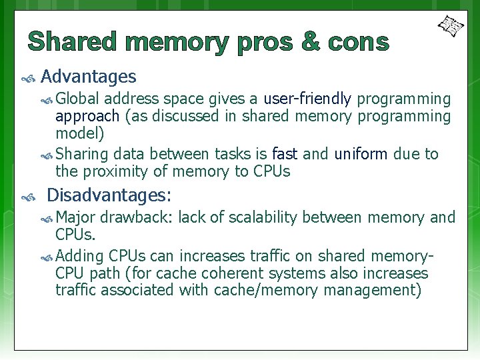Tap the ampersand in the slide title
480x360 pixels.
click(310, 42)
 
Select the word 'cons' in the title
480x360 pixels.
click(357, 42)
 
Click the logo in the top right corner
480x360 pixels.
click(451, 26)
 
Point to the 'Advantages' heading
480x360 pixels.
click(89, 77)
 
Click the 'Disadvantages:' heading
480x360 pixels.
click(109, 195)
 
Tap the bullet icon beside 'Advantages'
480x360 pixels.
click(28, 79)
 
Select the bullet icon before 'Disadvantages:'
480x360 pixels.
click(28, 198)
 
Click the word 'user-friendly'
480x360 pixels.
click(307, 99)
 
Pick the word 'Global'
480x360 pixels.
click(78, 99)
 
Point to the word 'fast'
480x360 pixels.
click(285, 154)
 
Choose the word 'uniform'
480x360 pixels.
click(361, 154)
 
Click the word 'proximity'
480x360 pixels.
click(115, 171)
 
